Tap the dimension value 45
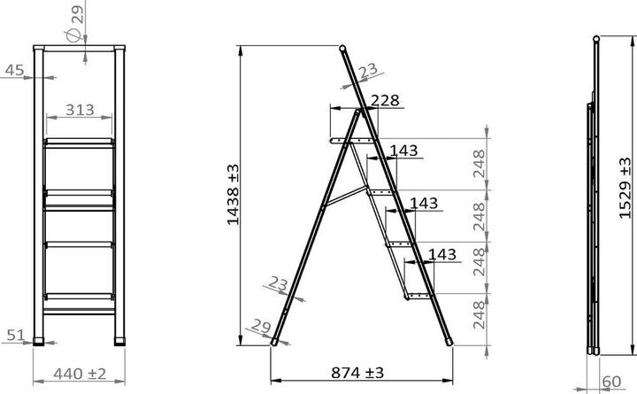(14, 70)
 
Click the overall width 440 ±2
(78, 373)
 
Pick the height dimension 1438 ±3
(233, 194)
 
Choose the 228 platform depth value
(385, 101)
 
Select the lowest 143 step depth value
(441, 255)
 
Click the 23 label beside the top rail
(368, 69)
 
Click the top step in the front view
(80, 141)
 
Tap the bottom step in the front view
(80, 295)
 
